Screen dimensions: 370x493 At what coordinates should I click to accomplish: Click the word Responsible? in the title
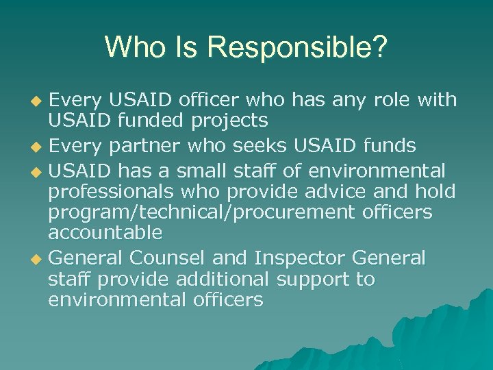click(297, 47)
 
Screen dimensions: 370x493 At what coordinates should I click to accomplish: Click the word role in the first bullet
click(391, 100)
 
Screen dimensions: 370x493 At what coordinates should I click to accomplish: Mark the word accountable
click(105, 233)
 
